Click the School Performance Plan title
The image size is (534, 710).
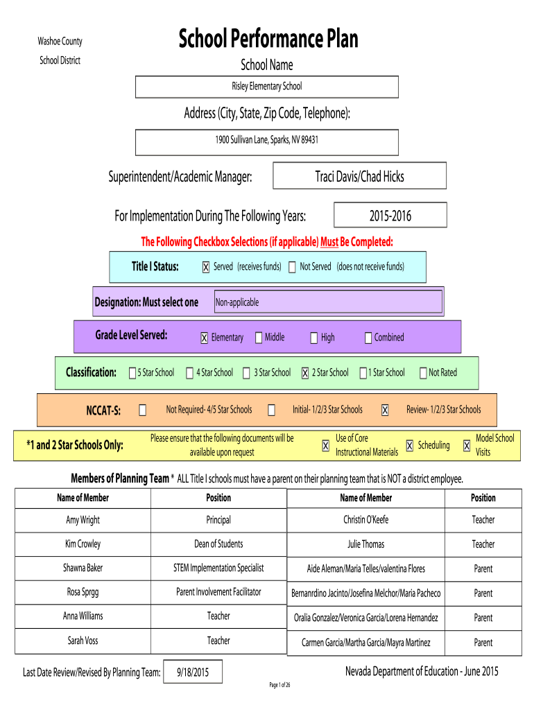(268, 39)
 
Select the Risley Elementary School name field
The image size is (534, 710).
(266, 87)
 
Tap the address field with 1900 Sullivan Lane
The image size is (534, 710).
(266, 140)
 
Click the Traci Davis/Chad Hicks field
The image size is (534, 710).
(359, 176)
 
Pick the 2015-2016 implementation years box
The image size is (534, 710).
(390, 216)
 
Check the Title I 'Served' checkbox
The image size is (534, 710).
(206, 268)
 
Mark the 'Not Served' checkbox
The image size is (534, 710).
(292, 268)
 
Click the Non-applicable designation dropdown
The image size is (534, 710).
(327, 302)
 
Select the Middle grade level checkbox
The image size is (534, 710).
(259, 338)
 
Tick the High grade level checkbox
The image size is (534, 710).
(313, 338)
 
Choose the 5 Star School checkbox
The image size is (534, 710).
(132, 373)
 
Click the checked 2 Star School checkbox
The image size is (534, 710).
(305, 373)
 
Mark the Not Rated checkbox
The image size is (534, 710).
(423, 373)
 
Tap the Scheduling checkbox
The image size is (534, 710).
(410, 446)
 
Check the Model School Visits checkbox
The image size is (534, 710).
(467, 446)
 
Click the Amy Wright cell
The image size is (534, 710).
(83, 520)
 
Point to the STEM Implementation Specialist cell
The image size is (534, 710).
(218, 568)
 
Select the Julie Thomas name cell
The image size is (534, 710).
(365, 544)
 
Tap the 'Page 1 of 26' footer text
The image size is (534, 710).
(279, 686)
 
